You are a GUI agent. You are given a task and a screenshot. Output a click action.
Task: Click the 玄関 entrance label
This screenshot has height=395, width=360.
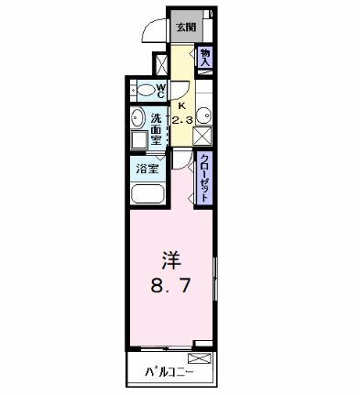point(186,27)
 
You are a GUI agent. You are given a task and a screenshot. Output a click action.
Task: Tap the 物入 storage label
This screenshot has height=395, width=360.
point(205,56)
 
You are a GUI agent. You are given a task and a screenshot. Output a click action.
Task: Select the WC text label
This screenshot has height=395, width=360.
point(159,90)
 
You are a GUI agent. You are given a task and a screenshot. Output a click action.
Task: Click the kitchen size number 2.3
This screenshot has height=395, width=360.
point(181,119)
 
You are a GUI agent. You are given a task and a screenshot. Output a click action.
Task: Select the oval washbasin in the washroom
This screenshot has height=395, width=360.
point(136,117)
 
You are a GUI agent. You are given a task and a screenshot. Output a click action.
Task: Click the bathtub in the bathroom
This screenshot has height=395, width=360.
point(147,194)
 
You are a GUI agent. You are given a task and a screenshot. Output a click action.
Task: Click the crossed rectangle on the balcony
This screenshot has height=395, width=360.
point(200,357)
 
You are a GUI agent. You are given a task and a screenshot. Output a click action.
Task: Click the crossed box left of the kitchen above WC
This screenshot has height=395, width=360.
point(161,65)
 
